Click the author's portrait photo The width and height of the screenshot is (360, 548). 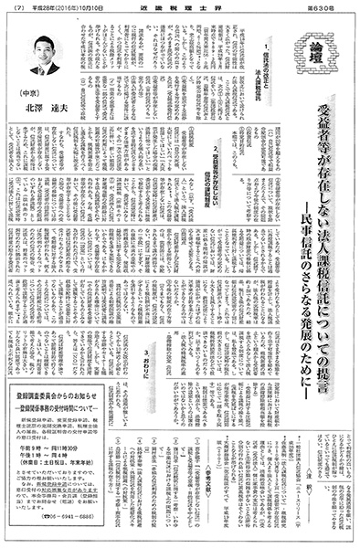pos(44,56)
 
